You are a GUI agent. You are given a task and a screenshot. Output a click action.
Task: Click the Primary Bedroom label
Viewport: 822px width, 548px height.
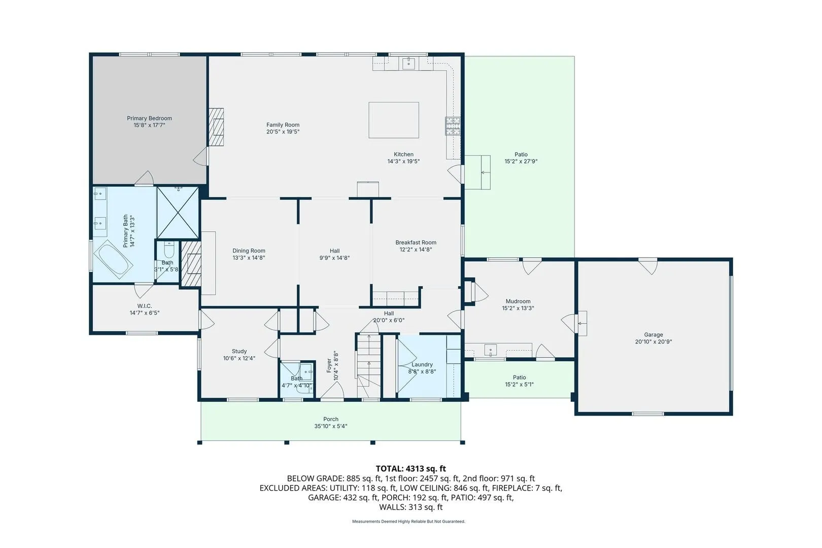pyautogui.click(x=149, y=118)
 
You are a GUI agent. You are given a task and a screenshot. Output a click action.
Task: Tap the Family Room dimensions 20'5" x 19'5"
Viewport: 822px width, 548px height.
pyautogui.click(x=283, y=132)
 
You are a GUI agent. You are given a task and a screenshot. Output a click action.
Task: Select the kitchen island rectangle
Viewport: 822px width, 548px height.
pyautogui.click(x=394, y=120)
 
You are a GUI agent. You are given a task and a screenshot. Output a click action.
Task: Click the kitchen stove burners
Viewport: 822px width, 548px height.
pyautogui.click(x=453, y=126)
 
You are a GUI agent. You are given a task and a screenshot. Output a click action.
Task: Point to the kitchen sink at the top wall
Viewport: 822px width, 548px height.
pyautogui.click(x=409, y=63)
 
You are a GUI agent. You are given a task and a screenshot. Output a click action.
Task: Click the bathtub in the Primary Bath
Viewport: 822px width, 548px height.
pyautogui.click(x=113, y=259)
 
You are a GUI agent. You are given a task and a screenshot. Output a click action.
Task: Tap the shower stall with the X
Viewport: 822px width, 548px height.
pyautogui.click(x=178, y=213)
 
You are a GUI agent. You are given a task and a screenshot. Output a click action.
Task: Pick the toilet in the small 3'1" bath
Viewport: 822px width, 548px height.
pyautogui.click(x=169, y=250)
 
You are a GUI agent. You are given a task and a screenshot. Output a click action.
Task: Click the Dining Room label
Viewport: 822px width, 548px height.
pyautogui.click(x=249, y=251)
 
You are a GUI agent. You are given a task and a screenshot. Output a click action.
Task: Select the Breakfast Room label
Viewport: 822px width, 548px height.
pyautogui.click(x=416, y=242)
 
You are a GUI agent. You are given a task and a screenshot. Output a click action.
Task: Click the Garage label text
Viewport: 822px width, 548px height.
pyautogui.click(x=654, y=335)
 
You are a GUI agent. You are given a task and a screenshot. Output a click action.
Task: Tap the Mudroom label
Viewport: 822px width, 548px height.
pyautogui.click(x=518, y=301)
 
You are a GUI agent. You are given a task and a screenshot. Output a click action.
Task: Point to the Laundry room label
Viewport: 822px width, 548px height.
pyautogui.click(x=422, y=364)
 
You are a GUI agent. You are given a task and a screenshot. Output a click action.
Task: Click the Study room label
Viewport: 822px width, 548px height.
pyautogui.click(x=239, y=351)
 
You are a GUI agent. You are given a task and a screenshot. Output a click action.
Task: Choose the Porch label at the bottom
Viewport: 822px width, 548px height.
pyautogui.click(x=331, y=419)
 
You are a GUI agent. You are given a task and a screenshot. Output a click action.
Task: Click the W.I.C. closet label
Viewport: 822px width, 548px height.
pyautogui.click(x=145, y=306)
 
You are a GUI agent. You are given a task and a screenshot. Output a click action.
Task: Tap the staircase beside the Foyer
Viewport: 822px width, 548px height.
pyautogui.click(x=368, y=365)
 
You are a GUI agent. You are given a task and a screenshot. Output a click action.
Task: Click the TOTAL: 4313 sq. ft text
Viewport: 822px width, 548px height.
pyautogui.click(x=410, y=469)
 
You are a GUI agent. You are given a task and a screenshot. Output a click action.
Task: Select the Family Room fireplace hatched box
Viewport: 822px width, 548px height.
pyautogui.click(x=216, y=127)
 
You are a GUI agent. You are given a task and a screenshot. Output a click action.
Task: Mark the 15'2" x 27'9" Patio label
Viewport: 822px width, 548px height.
pyautogui.click(x=521, y=155)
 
